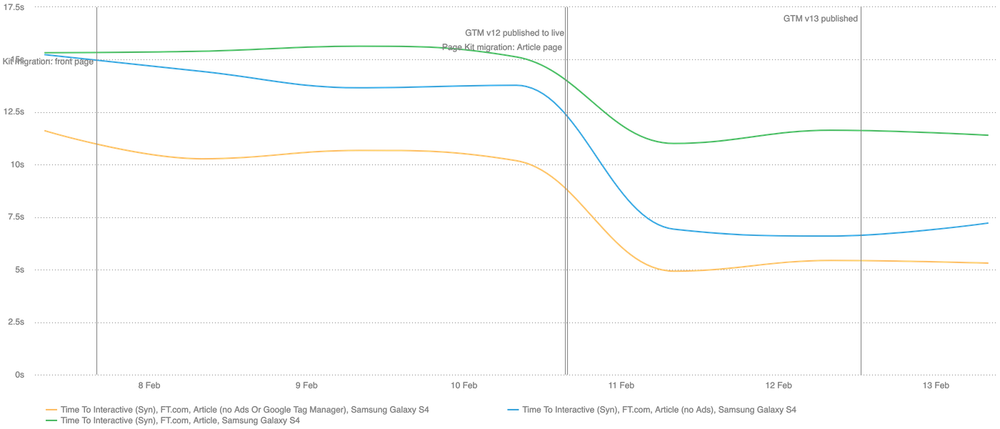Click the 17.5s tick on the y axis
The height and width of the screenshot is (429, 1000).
[15, 7]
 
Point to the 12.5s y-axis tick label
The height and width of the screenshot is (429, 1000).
[15, 112]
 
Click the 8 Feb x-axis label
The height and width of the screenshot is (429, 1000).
[149, 386]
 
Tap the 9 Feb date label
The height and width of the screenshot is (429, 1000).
[306, 386]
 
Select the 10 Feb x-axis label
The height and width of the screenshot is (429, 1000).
[464, 386]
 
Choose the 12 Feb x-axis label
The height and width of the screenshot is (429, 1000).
[779, 386]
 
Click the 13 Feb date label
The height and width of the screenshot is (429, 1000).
[936, 386]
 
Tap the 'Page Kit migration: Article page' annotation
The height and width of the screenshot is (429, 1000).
[502, 47]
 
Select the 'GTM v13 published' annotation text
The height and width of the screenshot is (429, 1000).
[820, 19]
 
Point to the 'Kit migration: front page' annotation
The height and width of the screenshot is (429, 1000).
[48, 62]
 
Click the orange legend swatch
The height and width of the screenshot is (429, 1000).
[51, 410]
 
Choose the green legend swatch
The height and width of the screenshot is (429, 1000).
[51, 421]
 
